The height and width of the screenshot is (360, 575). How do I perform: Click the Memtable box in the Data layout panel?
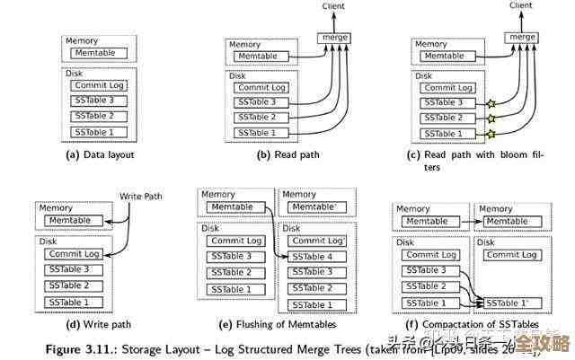[x=100, y=54]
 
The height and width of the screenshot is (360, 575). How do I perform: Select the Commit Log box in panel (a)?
[x=100, y=85]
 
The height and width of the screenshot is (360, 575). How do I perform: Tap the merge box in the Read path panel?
[x=335, y=37]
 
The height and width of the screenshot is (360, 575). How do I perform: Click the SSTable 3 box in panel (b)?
[x=263, y=102]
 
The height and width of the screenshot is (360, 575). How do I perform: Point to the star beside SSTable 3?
[x=491, y=103]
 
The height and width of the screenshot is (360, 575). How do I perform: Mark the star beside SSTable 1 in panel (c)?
[x=491, y=135]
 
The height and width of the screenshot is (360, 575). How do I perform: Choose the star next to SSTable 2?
[x=491, y=119]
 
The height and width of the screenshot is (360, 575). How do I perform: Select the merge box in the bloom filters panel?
[x=520, y=37]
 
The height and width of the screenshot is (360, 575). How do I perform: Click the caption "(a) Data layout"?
[x=99, y=154]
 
